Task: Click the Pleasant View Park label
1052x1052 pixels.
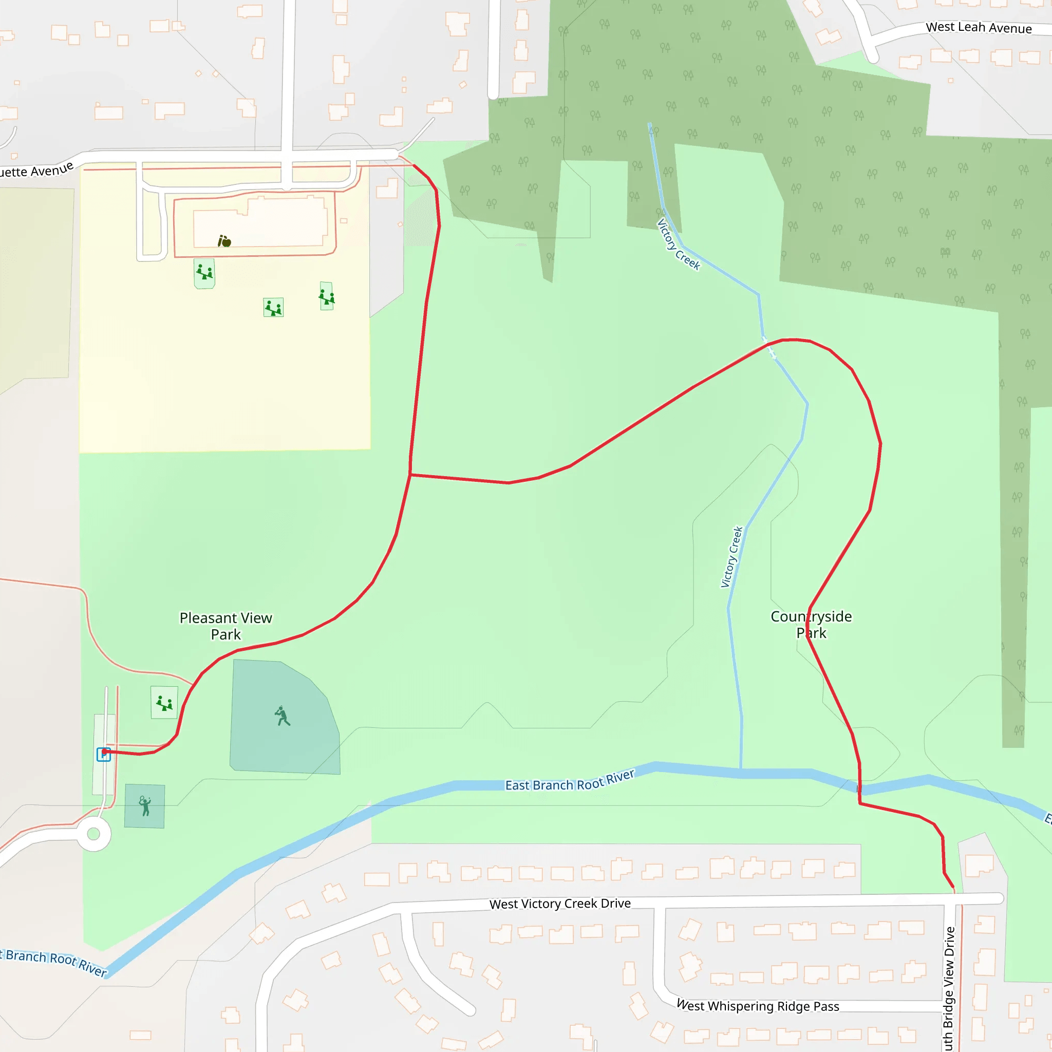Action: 226,626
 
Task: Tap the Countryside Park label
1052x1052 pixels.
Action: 811,624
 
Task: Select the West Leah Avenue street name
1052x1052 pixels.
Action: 979,27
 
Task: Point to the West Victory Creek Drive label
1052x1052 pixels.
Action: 560,904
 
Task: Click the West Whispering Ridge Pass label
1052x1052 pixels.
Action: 758,1006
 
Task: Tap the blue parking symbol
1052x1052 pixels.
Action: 103,754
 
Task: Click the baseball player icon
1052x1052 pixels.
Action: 282,716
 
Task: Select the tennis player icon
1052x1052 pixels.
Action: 145,806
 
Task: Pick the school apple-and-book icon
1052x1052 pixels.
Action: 224,241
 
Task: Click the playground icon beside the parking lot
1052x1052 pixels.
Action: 164,703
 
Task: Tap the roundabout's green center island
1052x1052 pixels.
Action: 93,834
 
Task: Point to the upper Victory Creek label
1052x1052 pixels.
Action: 678,245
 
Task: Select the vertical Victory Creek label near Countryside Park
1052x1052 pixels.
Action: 731,556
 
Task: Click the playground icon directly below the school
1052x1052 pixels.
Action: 205,272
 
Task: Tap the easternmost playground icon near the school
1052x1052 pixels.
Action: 327,297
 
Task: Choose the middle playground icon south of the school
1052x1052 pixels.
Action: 273,308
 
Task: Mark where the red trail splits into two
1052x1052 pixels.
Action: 410,475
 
